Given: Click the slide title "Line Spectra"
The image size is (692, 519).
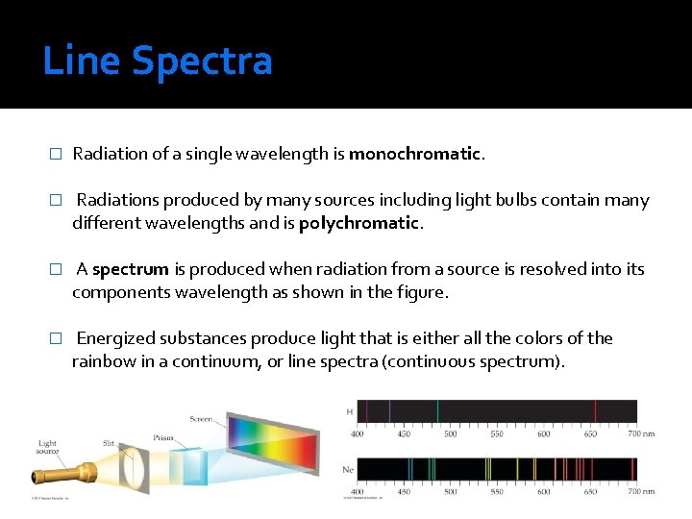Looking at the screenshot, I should tap(158, 62).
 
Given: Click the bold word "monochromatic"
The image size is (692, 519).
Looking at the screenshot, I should tap(414, 154).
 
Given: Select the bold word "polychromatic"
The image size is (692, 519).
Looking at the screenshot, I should tap(359, 223).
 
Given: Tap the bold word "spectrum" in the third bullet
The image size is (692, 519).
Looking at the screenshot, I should tap(131, 269).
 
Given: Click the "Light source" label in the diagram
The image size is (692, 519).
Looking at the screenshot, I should tap(47, 449).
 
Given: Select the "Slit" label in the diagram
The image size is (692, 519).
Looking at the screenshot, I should tap(110, 443).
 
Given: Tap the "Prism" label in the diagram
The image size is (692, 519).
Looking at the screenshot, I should tap(163, 437).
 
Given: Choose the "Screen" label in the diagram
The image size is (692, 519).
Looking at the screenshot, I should tap(201, 419).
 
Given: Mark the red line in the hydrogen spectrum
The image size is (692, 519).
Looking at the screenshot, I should tap(596, 411).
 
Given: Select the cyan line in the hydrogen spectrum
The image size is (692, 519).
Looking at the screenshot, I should tap(438, 411).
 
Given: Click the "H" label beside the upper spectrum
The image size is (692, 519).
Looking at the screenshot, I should tap(348, 411).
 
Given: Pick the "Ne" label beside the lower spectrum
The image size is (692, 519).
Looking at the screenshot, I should tap(348, 470).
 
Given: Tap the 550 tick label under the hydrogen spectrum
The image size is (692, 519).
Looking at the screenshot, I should tap(497, 433).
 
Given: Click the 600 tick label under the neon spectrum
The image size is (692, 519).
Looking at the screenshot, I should tap(544, 492).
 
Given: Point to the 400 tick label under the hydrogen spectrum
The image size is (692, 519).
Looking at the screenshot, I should tap(358, 433).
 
